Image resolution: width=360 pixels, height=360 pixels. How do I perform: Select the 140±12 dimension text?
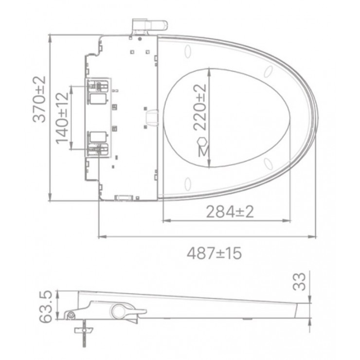(x=62, y=118)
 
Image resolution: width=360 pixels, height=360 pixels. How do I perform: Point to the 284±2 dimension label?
(x=230, y=213)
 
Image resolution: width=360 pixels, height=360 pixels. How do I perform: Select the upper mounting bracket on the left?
(x=98, y=92)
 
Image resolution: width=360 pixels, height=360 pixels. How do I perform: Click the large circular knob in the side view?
(x=118, y=310)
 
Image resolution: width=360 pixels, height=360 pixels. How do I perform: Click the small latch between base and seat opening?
(x=153, y=117)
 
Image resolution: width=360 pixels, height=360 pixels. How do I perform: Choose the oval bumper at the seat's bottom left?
(x=188, y=184)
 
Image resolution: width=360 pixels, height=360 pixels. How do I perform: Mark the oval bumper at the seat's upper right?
(x=268, y=73)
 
